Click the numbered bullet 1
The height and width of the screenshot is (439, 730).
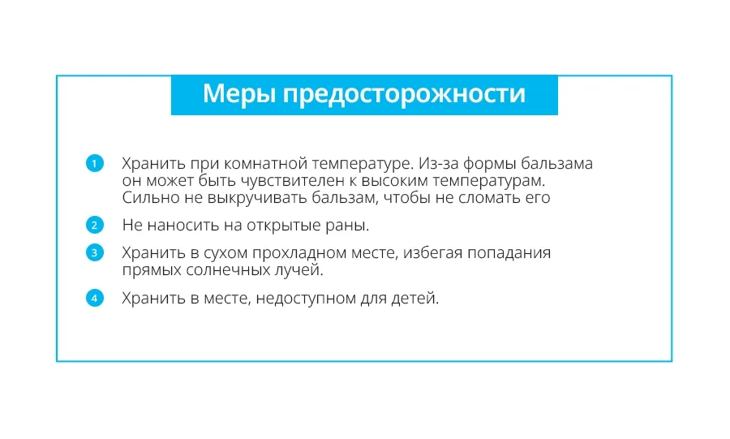click(x=95, y=163)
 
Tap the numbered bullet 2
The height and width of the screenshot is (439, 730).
click(x=95, y=225)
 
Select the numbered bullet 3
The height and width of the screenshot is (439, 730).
click(x=95, y=252)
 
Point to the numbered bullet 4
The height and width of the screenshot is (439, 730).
click(x=95, y=298)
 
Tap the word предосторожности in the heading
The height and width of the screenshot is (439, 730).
click(x=404, y=94)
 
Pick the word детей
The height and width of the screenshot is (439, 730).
click(x=414, y=299)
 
